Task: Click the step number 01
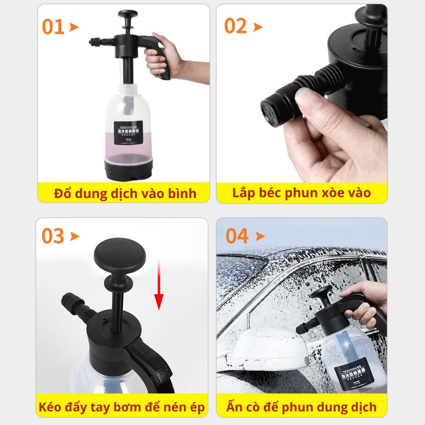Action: [x=53, y=27]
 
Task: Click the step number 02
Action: [x=236, y=26]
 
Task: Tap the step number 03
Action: [x=53, y=236]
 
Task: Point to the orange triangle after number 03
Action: [x=75, y=237]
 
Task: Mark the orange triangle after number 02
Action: [x=258, y=27]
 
